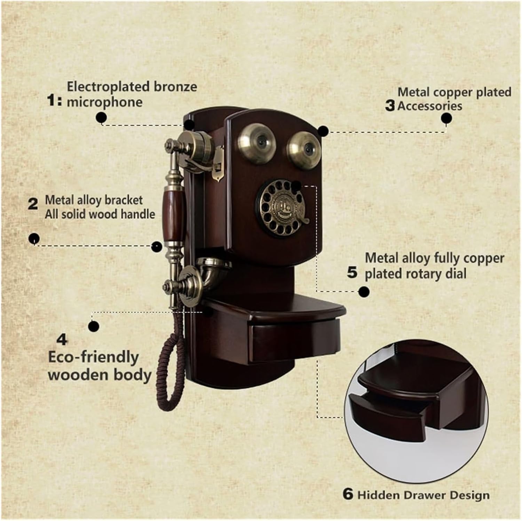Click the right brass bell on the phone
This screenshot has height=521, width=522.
click(302, 148)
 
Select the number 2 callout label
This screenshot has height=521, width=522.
click(33, 204)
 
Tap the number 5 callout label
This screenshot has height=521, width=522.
click(352, 273)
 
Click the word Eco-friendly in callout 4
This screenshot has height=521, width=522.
click(93, 357)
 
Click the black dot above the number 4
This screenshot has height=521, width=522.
click(93, 326)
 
